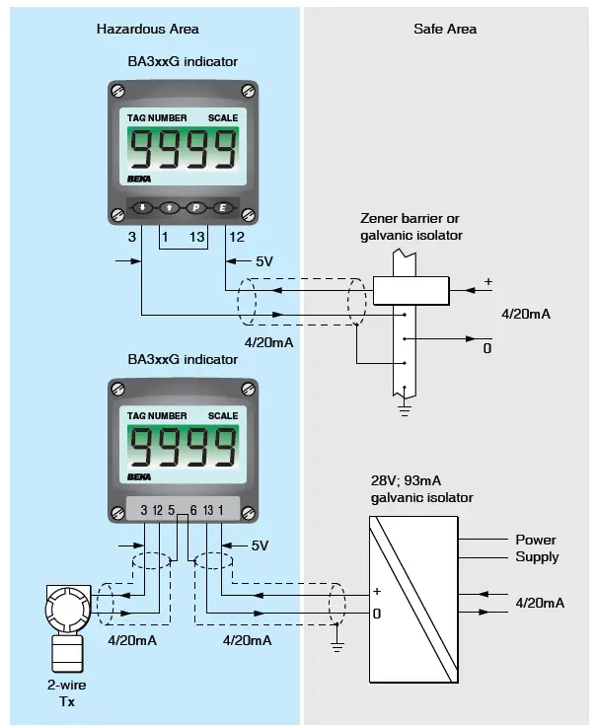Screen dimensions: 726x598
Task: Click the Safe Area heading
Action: click(444, 29)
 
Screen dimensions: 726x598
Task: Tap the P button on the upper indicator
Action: click(195, 208)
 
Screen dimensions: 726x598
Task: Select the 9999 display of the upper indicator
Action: click(184, 151)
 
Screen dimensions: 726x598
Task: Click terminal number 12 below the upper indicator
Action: click(237, 238)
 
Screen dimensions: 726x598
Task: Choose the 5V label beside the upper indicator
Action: click(264, 262)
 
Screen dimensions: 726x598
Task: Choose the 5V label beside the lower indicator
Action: click(260, 545)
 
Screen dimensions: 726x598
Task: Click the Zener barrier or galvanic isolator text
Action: click(411, 227)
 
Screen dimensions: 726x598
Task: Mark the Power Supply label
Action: click(536, 548)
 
